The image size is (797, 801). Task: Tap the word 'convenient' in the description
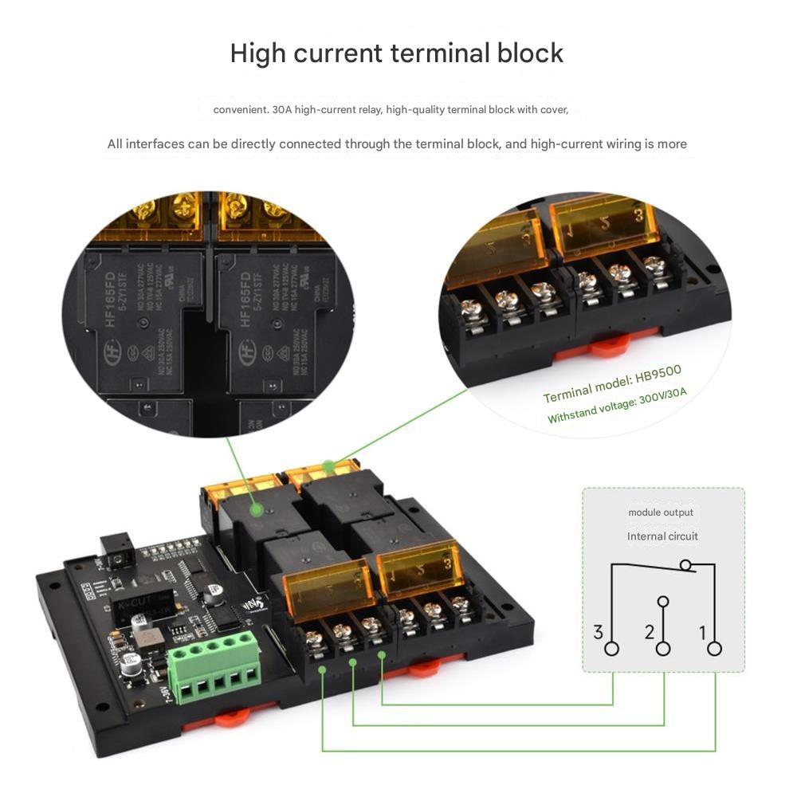pos(240,109)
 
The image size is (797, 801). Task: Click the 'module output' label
pos(661,512)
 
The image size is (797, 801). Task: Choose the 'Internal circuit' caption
pos(662,536)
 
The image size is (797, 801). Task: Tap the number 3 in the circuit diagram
pos(599,633)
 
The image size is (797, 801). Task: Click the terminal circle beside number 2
pos(663,648)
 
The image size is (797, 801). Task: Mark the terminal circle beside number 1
pos(714,648)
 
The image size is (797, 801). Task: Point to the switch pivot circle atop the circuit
pos(685,565)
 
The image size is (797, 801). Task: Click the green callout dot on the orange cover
pos(327,465)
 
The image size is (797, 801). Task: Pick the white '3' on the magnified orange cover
pos(638,214)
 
